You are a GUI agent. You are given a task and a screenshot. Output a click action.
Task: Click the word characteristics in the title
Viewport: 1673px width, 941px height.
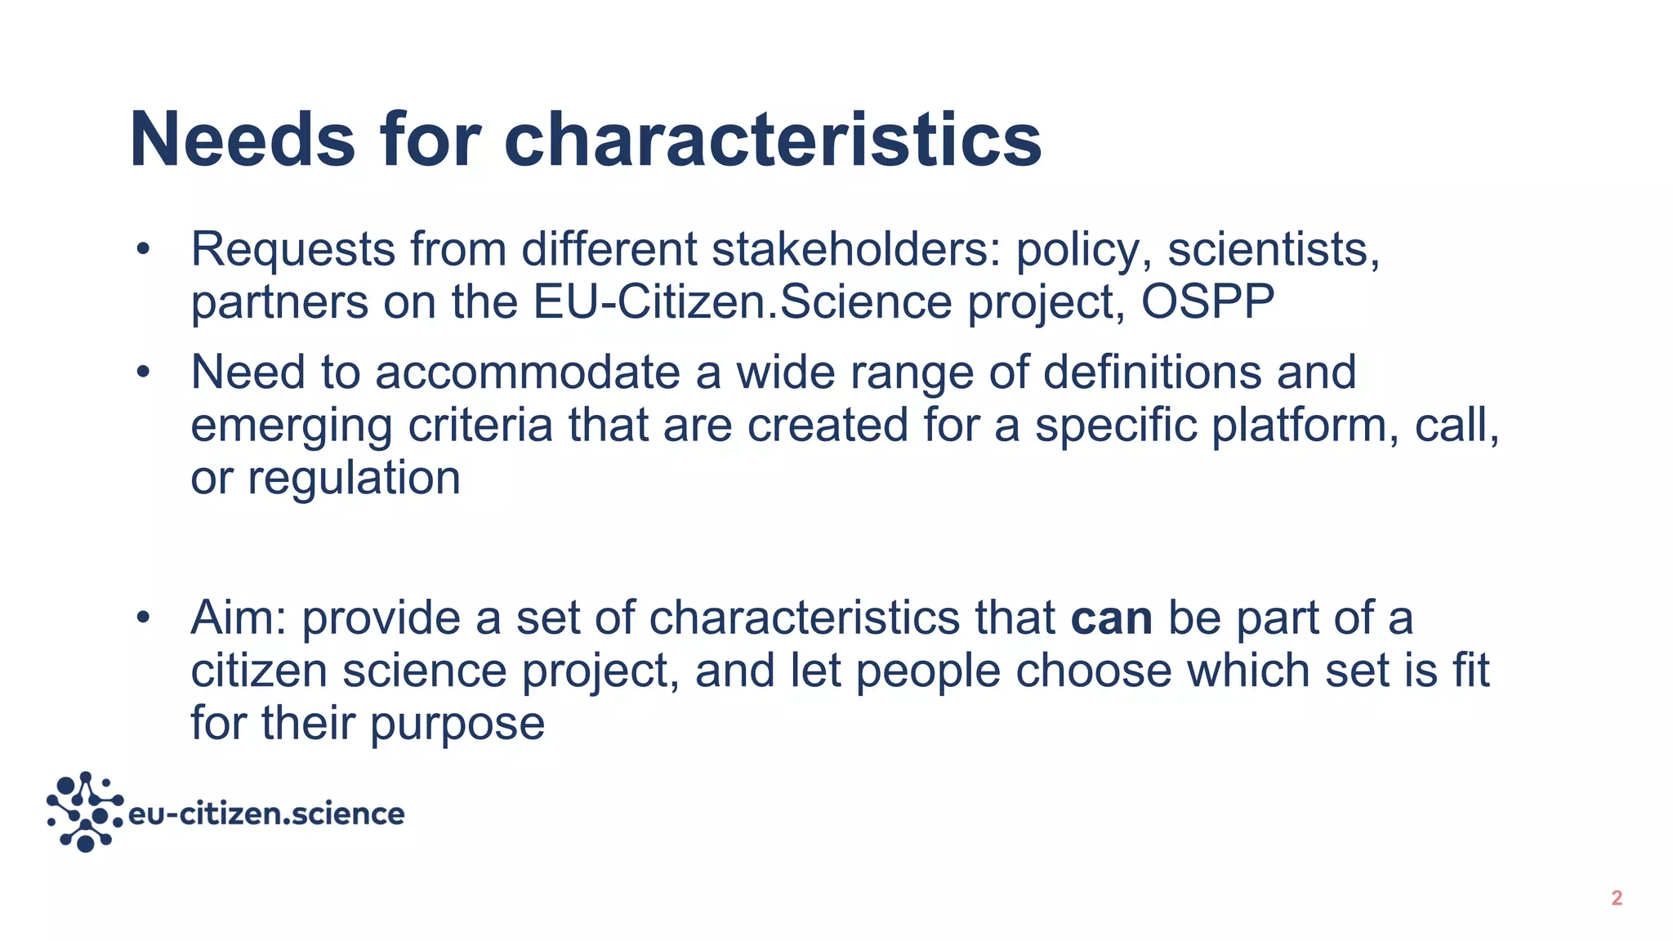pyautogui.click(x=772, y=140)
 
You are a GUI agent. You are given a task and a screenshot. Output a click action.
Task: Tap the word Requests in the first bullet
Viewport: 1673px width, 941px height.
pyautogui.click(x=292, y=249)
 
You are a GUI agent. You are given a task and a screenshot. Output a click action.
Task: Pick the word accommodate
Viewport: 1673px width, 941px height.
pyautogui.click(x=528, y=372)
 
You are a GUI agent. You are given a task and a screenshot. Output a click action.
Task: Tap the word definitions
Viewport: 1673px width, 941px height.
pyautogui.click(x=1153, y=372)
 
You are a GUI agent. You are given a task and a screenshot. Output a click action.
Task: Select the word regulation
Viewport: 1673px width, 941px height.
pyautogui.click(x=354, y=478)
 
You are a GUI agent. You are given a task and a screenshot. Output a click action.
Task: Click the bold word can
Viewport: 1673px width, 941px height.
pyautogui.click(x=1111, y=618)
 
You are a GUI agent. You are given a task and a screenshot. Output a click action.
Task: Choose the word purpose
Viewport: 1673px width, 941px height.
pyautogui.click(x=457, y=724)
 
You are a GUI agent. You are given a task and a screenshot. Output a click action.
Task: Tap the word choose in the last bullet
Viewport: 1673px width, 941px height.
pyautogui.click(x=1094, y=671)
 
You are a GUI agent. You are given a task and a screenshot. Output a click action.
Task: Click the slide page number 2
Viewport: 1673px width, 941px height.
pyautogui.click(x=1616, y=899)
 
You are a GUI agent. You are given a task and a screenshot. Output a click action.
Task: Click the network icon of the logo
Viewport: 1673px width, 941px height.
pyautogui.click(x=85, y=811)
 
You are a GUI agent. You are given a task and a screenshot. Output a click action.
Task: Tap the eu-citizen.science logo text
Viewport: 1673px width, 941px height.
pyautogui.click(x=266, y=814)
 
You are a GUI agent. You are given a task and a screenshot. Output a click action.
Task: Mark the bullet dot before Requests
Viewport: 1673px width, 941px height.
pyautogui.click(x=144, y=249)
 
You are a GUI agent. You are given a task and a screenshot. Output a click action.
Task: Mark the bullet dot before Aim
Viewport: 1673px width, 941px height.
pyautogui.click(x=144, y=618)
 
